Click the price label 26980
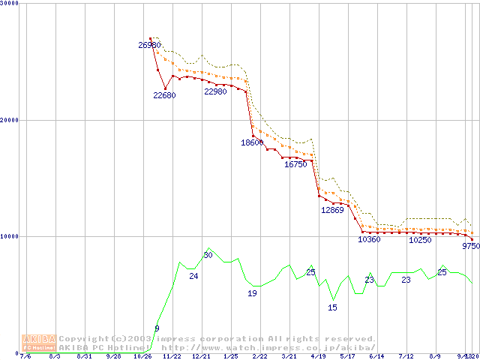150,45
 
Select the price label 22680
165,95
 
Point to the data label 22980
216,91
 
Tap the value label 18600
252,142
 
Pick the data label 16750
295,164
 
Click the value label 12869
332,210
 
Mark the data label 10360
369,240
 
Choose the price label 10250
420,240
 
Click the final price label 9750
470,246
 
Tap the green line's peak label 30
208,256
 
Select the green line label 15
332,307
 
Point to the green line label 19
252,293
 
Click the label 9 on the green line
157,328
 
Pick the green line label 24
193,277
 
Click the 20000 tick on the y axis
11,119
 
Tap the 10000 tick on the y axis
11,236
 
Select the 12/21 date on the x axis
201,356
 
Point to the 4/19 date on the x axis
318,356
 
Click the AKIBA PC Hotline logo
39,343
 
